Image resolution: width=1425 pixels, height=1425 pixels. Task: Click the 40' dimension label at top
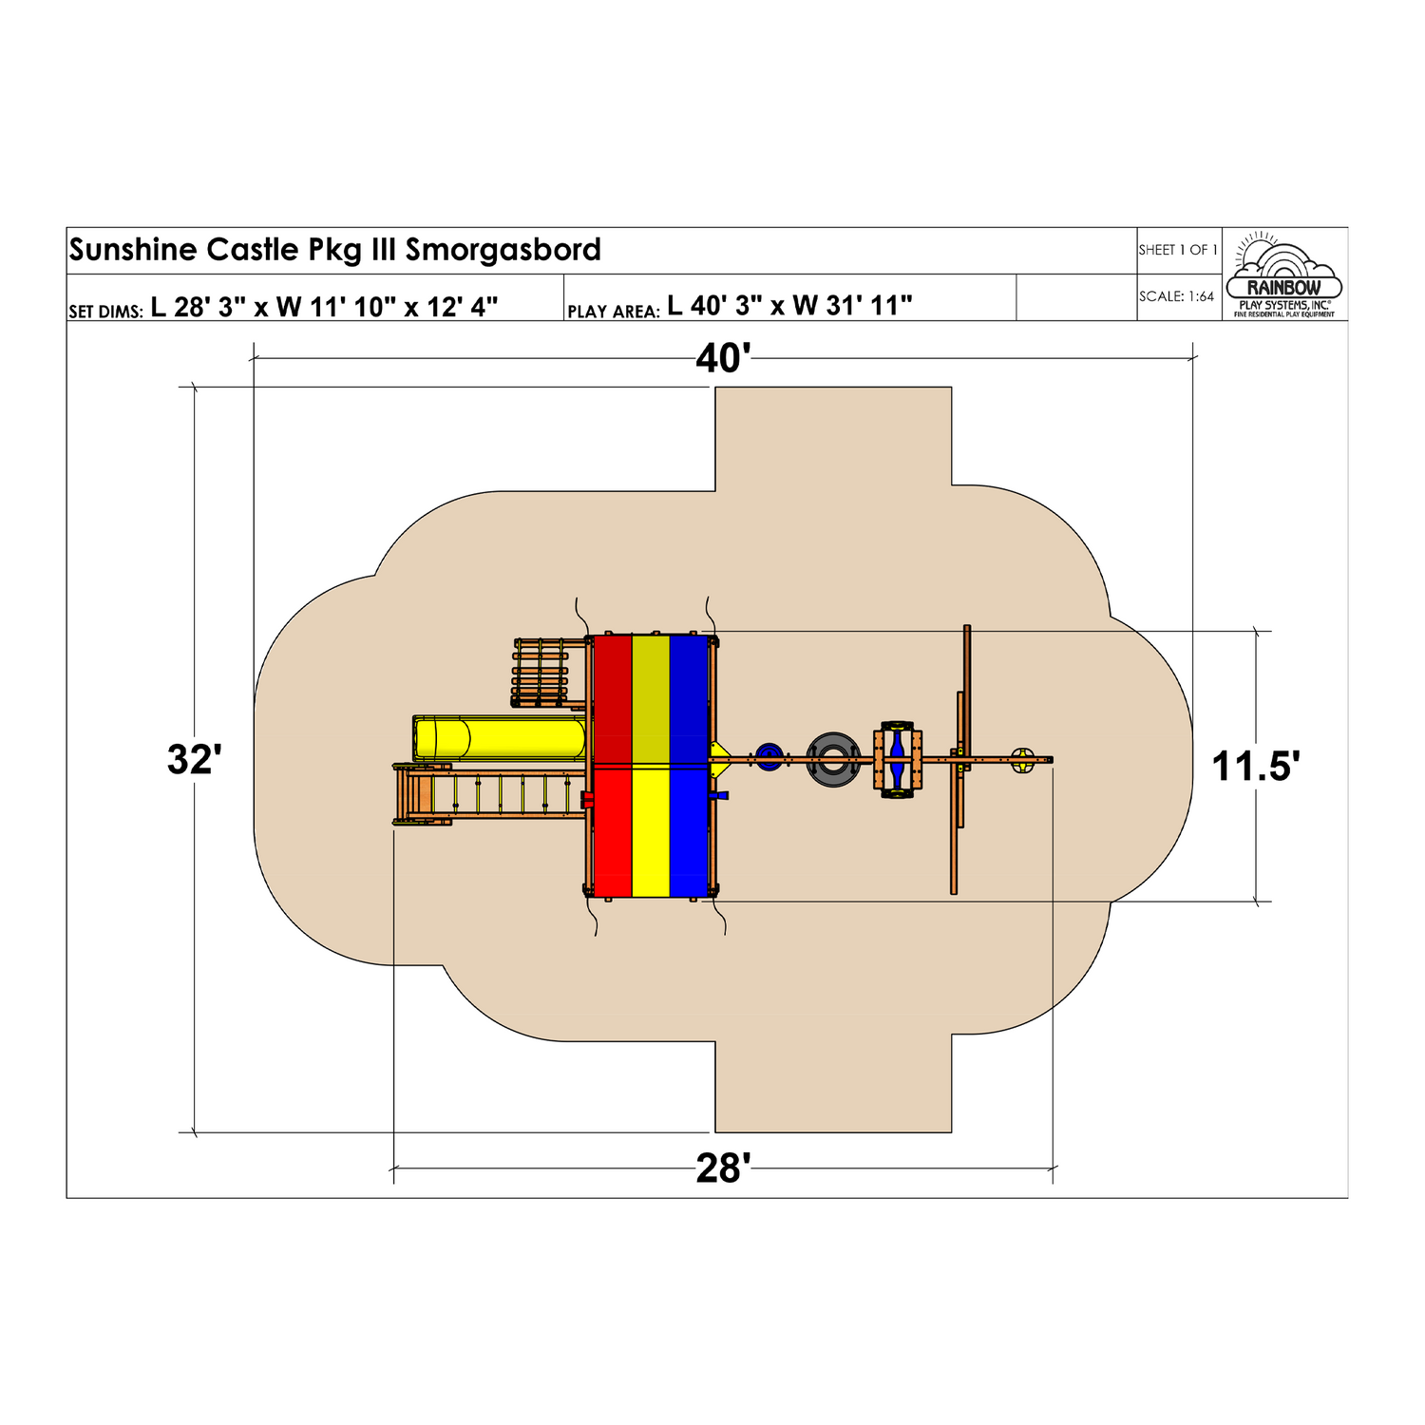(x=723, y=359)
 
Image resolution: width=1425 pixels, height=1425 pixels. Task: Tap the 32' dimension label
(x=195, y=760)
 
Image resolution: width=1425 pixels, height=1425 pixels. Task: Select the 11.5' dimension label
(x=1255, y=766)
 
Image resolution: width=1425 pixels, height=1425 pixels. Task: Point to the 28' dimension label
(x=723, y=1168)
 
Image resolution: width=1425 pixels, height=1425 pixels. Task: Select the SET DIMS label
(x=105, y=311)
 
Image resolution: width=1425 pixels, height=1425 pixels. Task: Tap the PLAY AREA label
(x=613, y=311)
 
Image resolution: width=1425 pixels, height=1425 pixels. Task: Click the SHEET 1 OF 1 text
(x=1178, y=250)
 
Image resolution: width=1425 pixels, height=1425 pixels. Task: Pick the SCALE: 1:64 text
(x=1176, y=296)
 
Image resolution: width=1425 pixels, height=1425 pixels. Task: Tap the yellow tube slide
(x=500, y=738)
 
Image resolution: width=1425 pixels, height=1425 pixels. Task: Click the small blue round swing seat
(x=769, y=757)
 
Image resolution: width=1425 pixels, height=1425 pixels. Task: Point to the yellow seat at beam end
(x=1022, y=759)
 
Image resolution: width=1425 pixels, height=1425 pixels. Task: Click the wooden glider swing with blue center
(x=898, y=759)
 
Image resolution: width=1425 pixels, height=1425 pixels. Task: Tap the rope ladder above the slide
(x=541, y=673)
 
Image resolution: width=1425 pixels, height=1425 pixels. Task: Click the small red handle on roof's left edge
(x=588, y=800)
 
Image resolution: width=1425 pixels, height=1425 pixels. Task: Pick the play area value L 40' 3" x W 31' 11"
(x=789, y=306)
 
